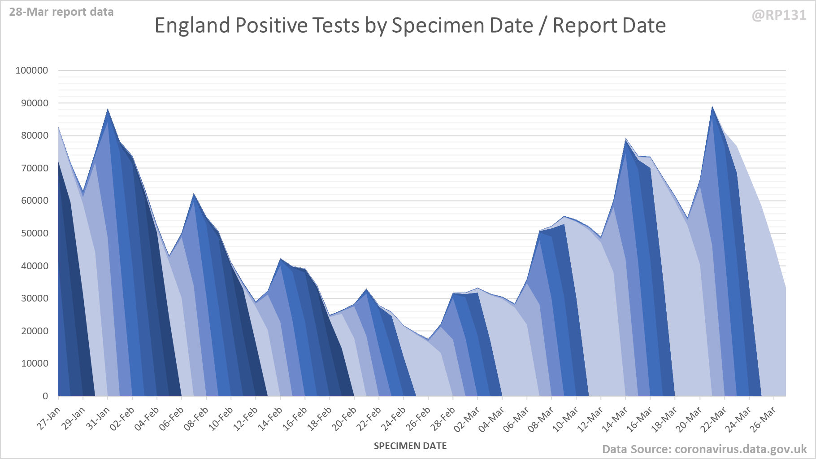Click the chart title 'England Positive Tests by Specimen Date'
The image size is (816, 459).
[x=410, y=26]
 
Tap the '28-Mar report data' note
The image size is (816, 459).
[x=61, y=12]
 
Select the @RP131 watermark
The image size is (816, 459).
[x=779, y=15]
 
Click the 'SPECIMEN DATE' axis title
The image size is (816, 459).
[x=410, y=446]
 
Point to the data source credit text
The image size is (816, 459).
[x=704, y=449]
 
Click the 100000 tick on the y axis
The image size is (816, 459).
[x=32, y=70]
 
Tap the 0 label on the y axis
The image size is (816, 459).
[x=45, y=396]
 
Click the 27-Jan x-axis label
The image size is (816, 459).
[x=49, y=418]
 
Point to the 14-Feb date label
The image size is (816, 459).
[x=270, y=418]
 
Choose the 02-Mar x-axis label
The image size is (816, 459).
[x=467, y=419]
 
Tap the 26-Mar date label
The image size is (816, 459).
[x=763, y=419]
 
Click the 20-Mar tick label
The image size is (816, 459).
[x=689, y=419]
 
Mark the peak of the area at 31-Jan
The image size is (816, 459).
[x=108, y=109]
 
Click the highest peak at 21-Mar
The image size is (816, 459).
[x=712, y=107]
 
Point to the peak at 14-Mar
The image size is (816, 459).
[x=625, y=139]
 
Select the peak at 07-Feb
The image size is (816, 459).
[x=194, y=193]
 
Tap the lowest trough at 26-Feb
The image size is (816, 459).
[x=428, y=340]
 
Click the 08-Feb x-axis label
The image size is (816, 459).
[x=196, y=418]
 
